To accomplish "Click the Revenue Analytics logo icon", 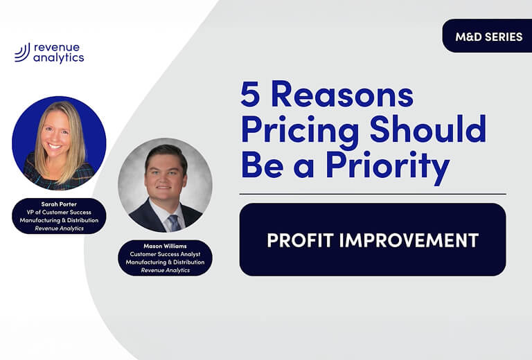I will pyautogui.click(x=21, y=53).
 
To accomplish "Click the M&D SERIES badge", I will pyautogui.click(x=488, y=36).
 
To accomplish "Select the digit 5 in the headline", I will pyautogui.click(x=251, y=96).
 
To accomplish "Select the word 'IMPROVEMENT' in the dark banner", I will pyautogui.click(x=412, y=240).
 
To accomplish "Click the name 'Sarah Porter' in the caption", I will pyautogui.click(x=59, y=205).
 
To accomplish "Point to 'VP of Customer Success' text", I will pyautogui.click(x=59, y=213).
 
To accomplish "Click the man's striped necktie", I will pyautogui.click(x=173, y=222).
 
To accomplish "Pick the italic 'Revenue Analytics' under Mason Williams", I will pyautogui.click(x=165, y=270).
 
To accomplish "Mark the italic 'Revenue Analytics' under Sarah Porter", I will pyautogui.click(x=59, y=228).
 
